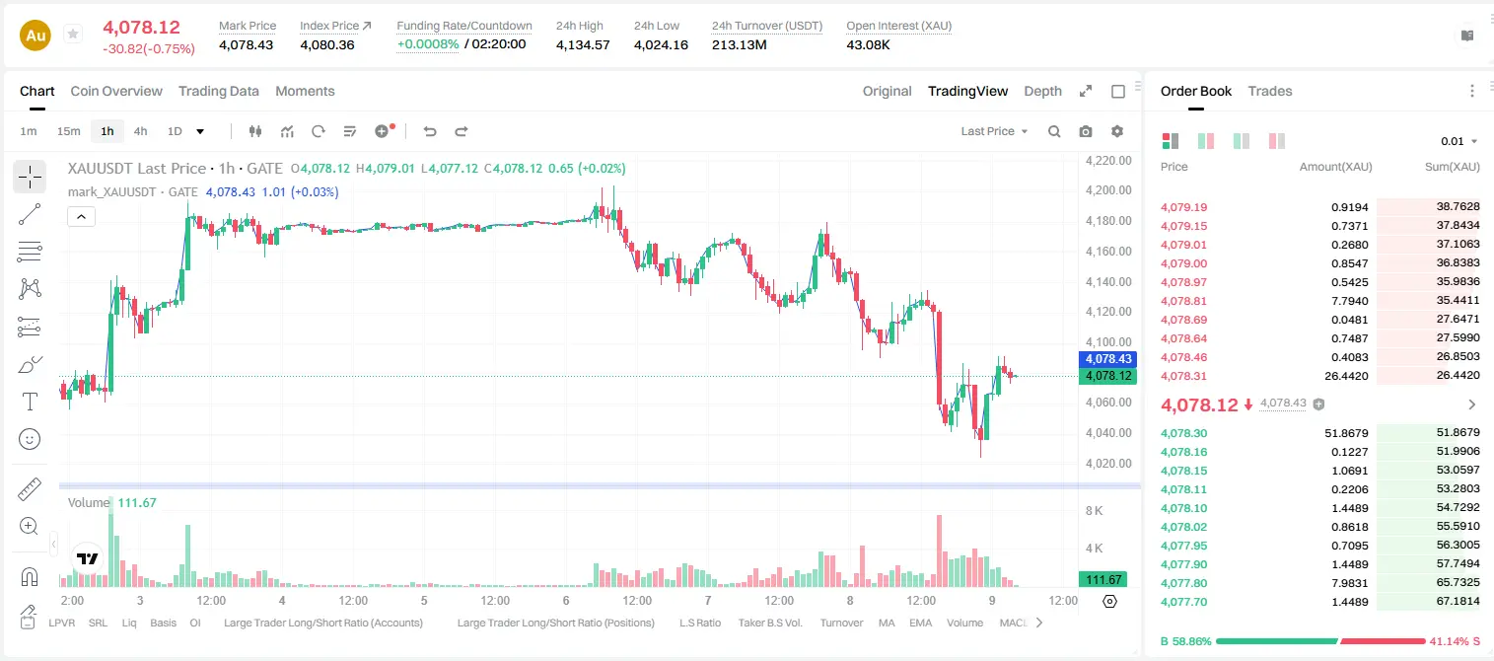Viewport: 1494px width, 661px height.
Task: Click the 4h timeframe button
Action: pyautogui.click(x=140, y=131)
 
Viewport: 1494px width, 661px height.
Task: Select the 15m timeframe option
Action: pyautogui.click(x=68, y=131)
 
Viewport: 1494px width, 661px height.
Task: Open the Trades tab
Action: pyautogui.click(x=1270, y=91)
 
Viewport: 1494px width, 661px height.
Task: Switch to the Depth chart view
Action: pyautogui.click(x=1042, y=91)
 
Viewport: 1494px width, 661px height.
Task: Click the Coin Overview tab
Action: pyautogui.click(x=116, y=91)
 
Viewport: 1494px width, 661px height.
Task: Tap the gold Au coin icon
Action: pyautogui.click(x=36, y=36)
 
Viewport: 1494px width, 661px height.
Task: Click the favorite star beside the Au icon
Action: pyautogui.click(x=73, y=34)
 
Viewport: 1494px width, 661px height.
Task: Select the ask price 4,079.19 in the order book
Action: pyautogui.click(x=1183, y=207)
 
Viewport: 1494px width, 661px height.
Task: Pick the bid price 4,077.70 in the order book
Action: pyautogui.click(x=1183, y=602)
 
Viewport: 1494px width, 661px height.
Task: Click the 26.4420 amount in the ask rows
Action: pyautogui.click(x=1346, y=376)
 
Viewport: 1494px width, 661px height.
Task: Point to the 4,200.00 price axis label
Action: pyautogui.click(x=1108, y=190)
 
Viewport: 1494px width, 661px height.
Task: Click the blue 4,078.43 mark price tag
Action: pyautogui.click(x=1107, y=359)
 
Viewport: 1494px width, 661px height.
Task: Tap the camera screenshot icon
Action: pyautogui.click(x=1086, y=131)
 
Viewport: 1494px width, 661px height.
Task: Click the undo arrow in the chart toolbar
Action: pyautogui.click(x=430, y=131)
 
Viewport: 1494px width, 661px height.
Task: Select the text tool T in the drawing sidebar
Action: pyautogui.click(x=30, y=402)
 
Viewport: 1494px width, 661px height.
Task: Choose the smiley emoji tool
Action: pyautogui.click(x=30, y=439)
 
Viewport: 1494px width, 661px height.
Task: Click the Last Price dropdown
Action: pyautogui.click(x=994, y=131)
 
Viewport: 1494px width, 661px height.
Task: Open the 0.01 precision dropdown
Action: pyautogui.click(x=1458, y=141)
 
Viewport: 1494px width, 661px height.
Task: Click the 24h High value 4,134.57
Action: pyautogui.click(x=583, y=44)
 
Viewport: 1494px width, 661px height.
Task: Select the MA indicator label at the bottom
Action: pyautogui.click(x=887, y=623)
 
